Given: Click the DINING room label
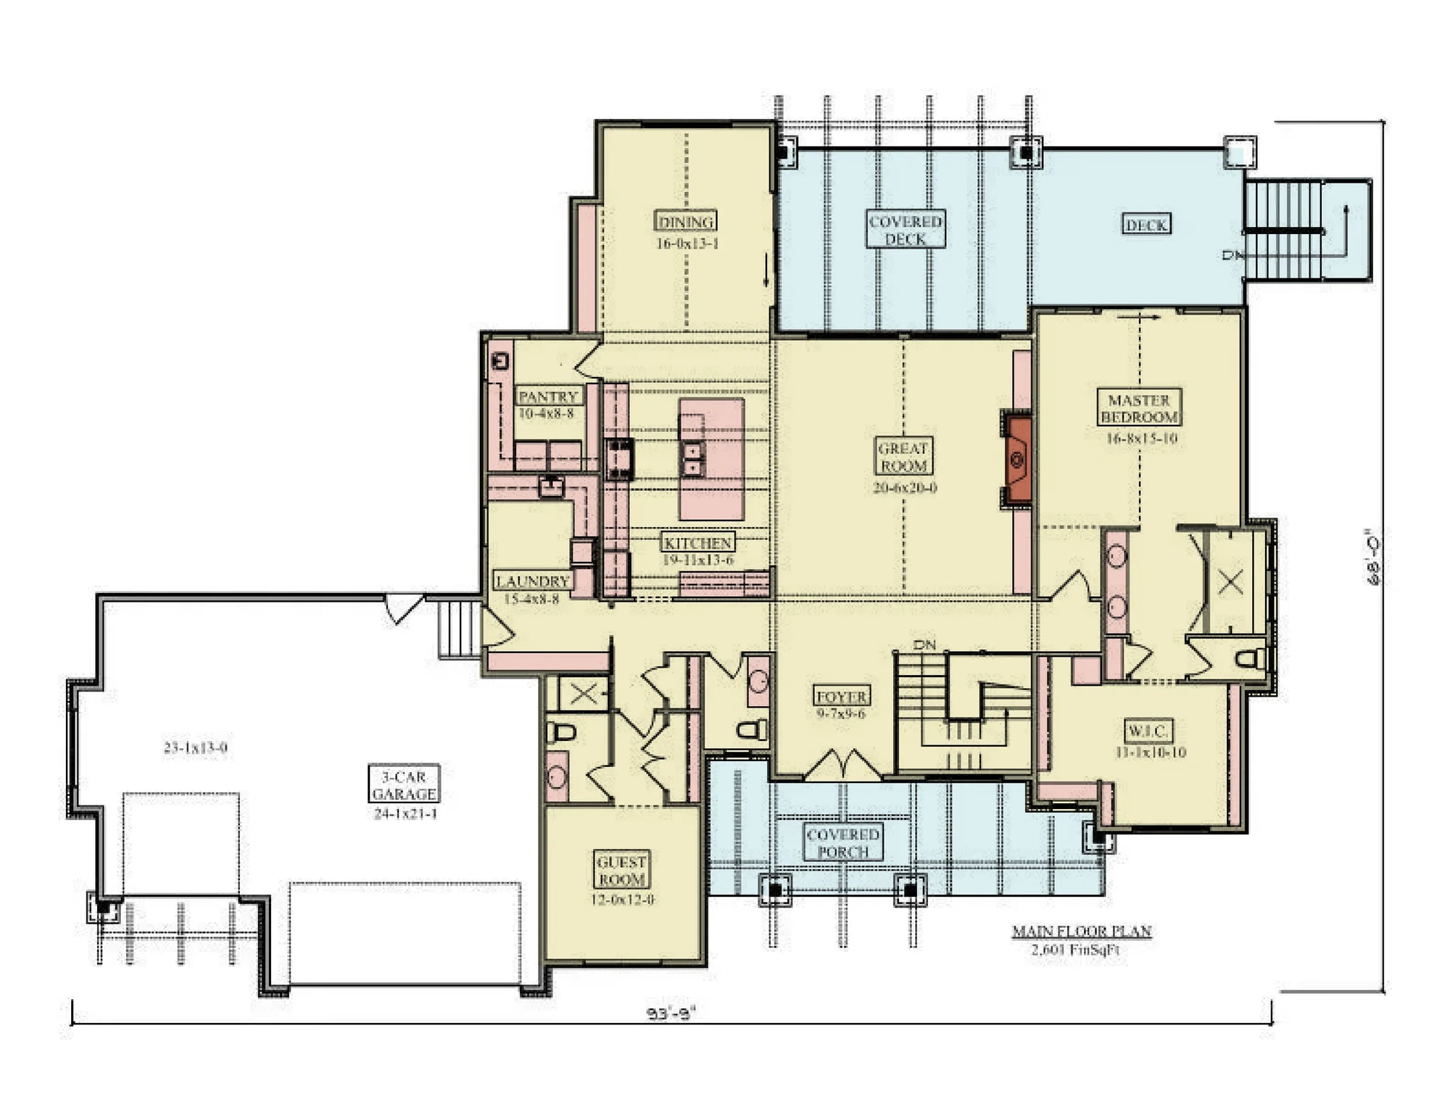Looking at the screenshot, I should (x=685, y=221).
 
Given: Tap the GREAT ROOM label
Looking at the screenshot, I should (x=903, y=457).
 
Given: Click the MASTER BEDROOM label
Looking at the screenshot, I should (x=1139, y=408).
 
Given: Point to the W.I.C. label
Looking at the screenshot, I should (x=1148, y=730).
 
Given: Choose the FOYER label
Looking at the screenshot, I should (x=841, y=697).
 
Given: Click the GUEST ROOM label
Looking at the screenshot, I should (x=621, y=870).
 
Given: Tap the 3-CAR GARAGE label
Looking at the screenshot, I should (x=404, y=784).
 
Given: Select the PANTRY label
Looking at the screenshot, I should (x=548, y=397).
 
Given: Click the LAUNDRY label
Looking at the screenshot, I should (x=532, y=581).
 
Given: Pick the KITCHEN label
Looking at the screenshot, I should (x=697, y=542).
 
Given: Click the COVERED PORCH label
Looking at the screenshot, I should (x=842, y=843).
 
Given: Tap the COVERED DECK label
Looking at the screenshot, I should (x=906, y=230).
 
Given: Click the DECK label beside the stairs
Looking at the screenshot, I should (x=1146, y=225).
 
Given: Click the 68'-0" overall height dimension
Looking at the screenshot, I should (x=1372, y=556).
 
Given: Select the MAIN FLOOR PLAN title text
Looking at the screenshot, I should (x=1082, y=931).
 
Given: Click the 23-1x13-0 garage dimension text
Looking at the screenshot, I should (x=195, y=747).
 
